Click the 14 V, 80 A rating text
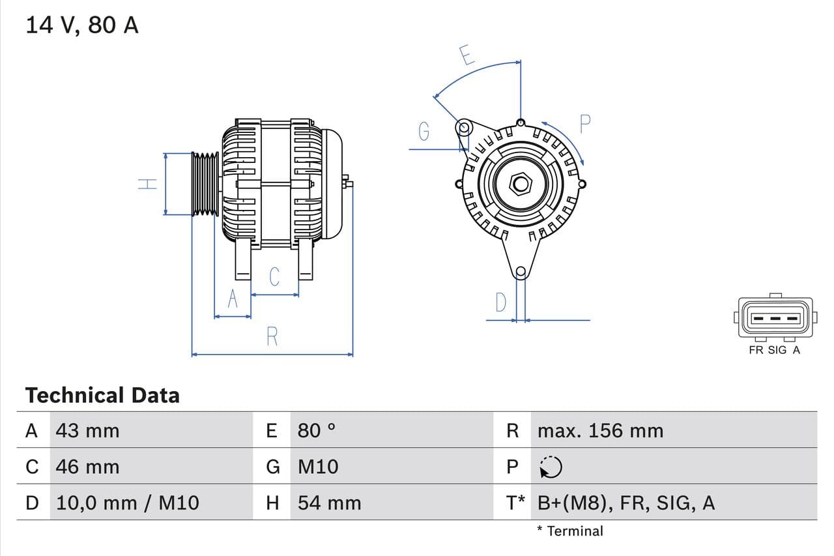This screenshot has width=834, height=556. (82, 25)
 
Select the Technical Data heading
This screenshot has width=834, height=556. (102, 395)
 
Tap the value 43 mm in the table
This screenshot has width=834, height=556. (87, 430)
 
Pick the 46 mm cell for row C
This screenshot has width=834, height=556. (87, 467)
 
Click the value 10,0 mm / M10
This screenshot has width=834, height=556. (128, 503)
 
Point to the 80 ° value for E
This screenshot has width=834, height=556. (317, 430)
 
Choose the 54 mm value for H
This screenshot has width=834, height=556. (329, 503)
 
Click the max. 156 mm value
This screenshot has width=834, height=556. (600, 430)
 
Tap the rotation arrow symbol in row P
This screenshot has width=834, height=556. (551, 467)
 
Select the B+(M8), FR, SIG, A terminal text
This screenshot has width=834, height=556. (626, 503)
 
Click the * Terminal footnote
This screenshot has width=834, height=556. (570, 531)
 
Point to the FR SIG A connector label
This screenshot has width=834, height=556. (775, 350)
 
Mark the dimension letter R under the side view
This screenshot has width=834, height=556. (272, 337)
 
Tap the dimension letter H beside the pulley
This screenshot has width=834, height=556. (149, 184)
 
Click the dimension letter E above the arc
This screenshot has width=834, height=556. (466, 55)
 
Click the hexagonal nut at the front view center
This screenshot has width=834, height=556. (520, 183)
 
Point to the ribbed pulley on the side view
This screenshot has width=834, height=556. (205, 184)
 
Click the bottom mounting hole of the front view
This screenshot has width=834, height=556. (520, 272)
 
